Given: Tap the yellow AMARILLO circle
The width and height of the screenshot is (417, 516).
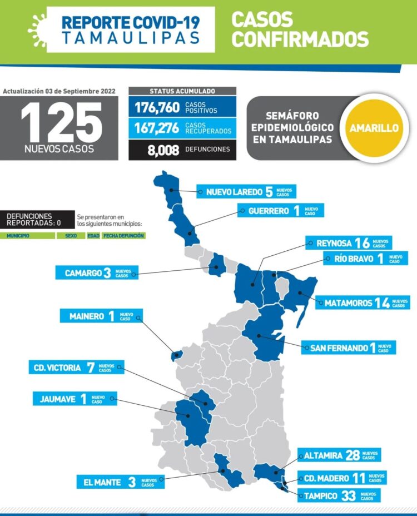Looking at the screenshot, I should coord(374,128).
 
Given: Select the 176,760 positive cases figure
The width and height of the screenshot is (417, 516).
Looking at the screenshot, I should coord(157,107).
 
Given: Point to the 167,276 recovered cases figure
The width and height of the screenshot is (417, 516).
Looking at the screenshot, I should coord(157,128).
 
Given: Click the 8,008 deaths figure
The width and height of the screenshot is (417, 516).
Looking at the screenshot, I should coord(157,149).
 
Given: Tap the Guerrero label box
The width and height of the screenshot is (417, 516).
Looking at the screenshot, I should coord(280,211).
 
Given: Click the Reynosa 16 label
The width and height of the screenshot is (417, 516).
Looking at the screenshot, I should coord(349,243).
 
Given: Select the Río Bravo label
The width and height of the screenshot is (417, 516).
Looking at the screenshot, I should coord(364,259).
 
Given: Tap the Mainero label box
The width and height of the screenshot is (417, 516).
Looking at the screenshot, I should coord(101,316).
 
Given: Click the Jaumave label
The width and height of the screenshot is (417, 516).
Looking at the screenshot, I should coord(75,399).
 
